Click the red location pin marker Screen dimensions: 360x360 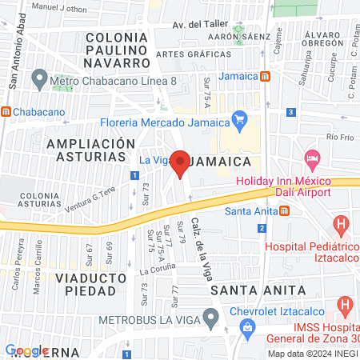181,164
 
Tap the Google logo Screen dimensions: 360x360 27,350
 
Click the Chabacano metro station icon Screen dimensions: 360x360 6,112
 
